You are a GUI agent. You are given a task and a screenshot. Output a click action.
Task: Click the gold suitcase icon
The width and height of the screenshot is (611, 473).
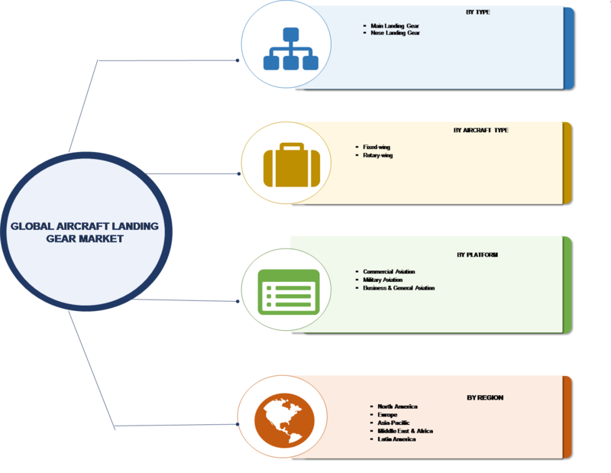[287, 165]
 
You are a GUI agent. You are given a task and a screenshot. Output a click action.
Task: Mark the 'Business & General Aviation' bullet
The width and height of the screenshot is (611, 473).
[399, 288]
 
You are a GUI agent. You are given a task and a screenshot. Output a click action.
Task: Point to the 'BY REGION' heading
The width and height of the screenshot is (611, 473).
[485, 397]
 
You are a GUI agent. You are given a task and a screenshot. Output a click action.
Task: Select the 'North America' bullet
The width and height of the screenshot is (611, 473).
[398, 407]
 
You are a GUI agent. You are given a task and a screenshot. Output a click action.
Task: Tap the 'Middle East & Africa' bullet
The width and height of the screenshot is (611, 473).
[406, 432]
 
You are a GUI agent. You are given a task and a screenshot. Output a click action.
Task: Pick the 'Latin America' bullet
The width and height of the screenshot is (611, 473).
[396, 440]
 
